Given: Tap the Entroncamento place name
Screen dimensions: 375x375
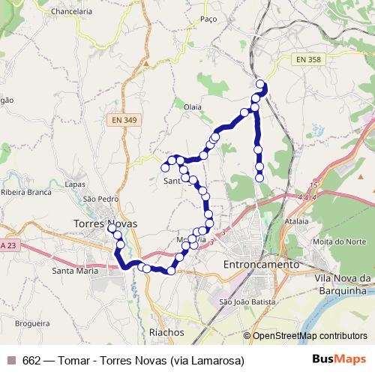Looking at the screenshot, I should [262, 265].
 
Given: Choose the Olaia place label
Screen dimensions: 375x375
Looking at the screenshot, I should [193, 107].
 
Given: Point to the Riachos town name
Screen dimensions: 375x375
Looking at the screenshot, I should [166, 331].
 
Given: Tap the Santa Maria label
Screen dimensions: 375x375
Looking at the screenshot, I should [75, 271].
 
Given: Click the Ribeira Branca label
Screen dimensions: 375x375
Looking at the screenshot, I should [25, 193].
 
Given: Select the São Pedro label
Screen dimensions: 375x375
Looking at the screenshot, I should [101, 199].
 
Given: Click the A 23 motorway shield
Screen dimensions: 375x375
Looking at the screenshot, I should [9, 245].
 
